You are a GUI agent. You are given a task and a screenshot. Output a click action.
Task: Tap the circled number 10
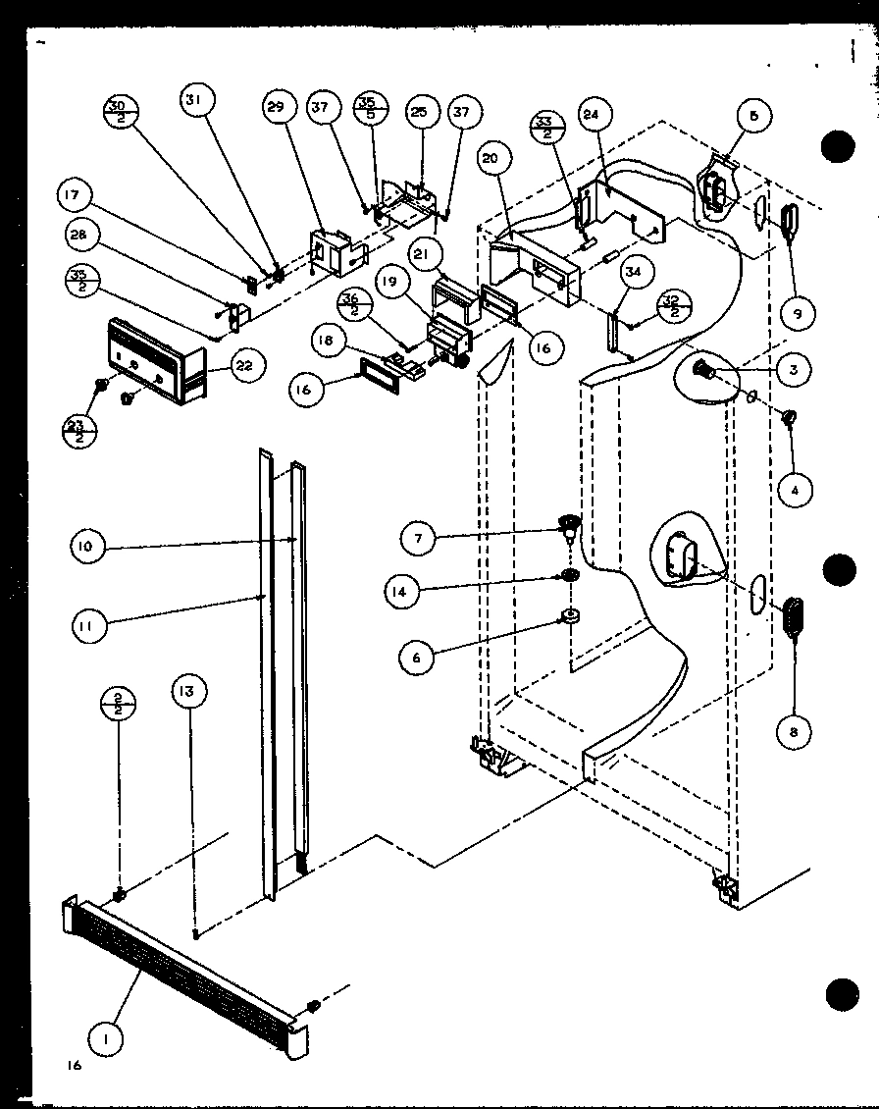pyautogui.click(x=87, y=547)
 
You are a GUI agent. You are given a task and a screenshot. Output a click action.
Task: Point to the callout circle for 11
pyautogui.click(x=87, y=620)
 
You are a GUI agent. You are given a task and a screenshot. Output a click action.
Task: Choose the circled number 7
pyautogui.click(x=418, y=537)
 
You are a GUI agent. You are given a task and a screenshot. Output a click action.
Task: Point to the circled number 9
pyautogui.click(x=799, y=313)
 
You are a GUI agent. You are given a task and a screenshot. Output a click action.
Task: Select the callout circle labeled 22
pyautogui.click(x=244, y=366)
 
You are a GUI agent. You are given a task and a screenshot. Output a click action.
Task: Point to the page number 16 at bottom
pyautogui.click(x=75, y=1066)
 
